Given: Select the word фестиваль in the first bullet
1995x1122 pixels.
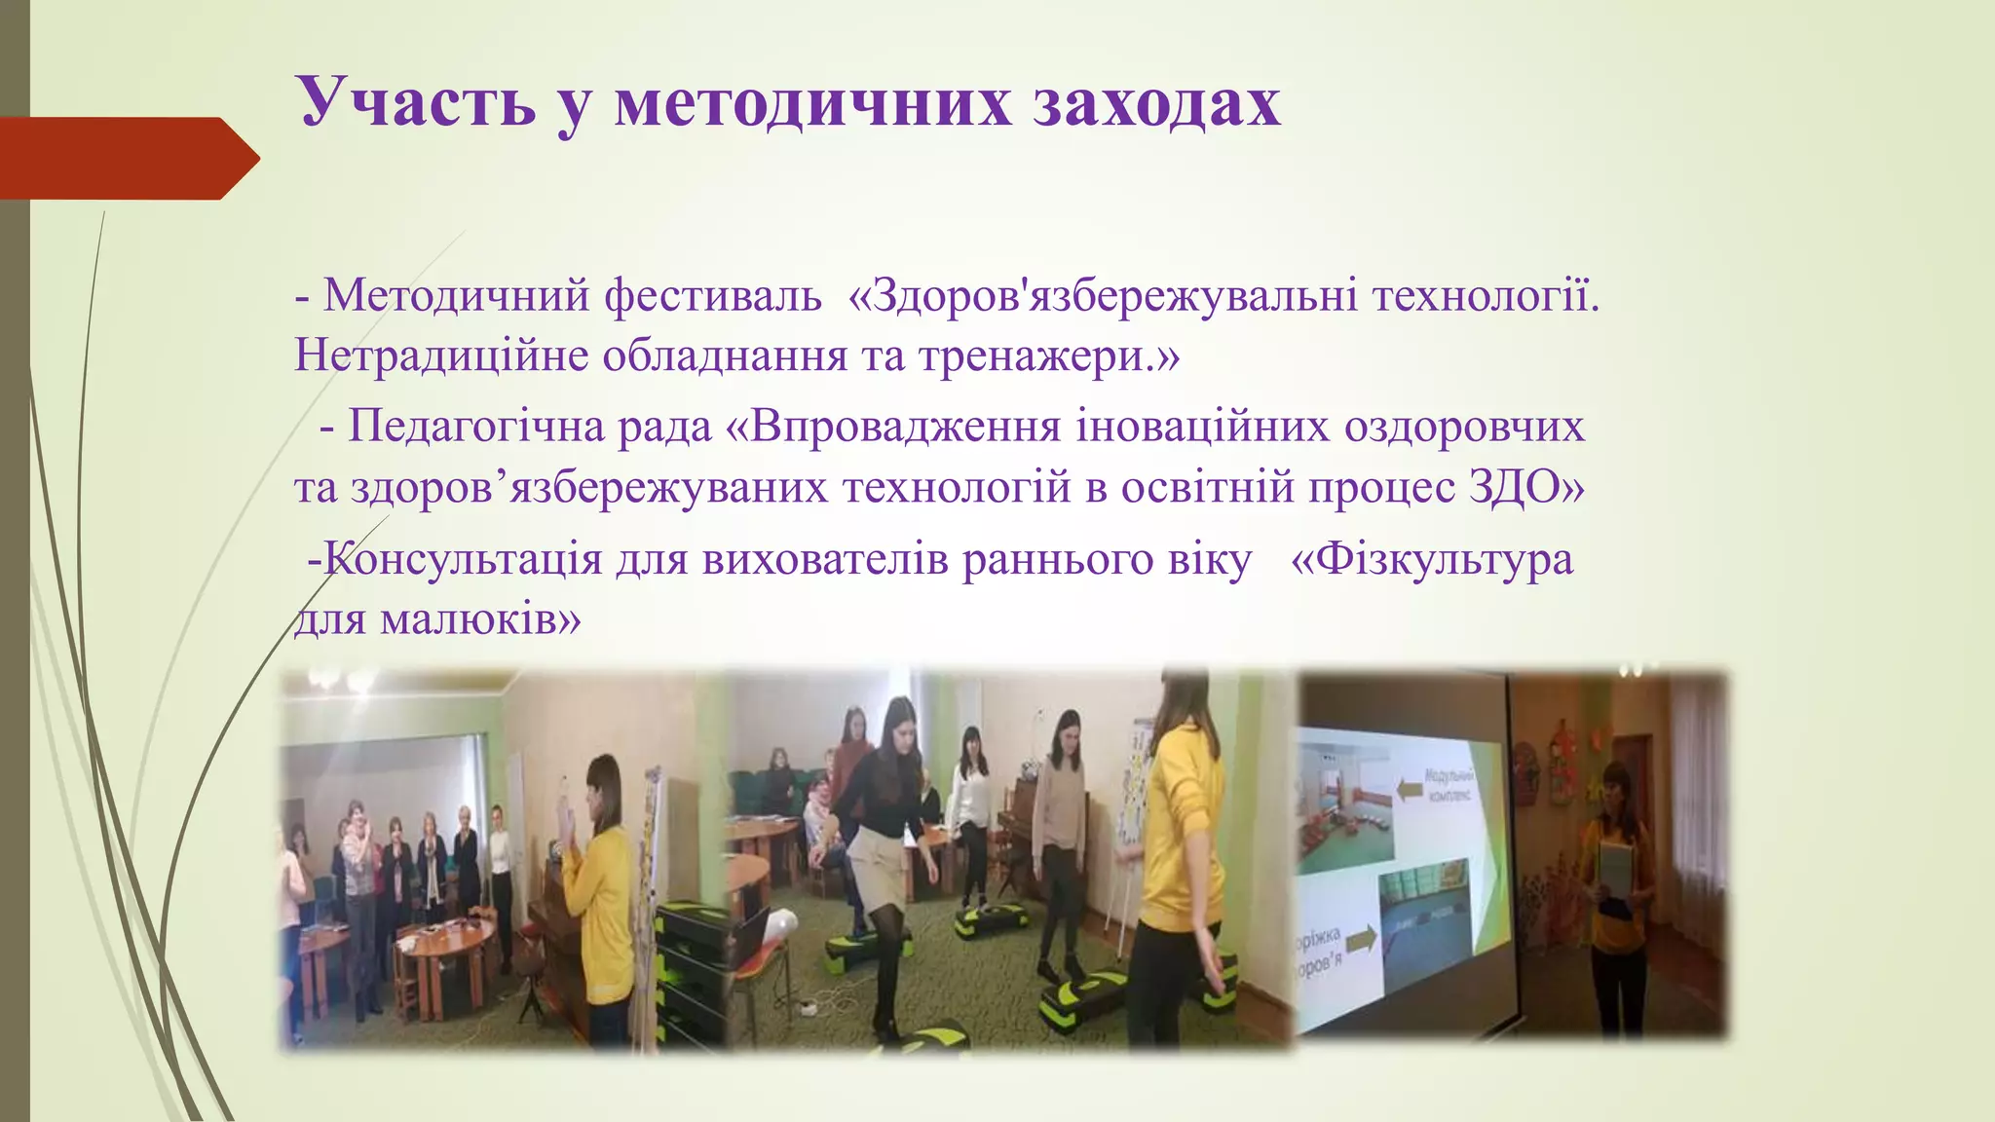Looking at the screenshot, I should pos(712,294).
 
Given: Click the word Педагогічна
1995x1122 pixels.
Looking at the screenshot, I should pos(481,426).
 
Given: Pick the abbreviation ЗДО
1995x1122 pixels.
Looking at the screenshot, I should pos(1525,487).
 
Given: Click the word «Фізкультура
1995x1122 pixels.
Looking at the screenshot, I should pos(1431,559).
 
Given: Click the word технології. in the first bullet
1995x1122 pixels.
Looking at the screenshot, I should pos(1486,294).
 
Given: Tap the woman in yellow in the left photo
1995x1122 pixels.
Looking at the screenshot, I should pos(599,896).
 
